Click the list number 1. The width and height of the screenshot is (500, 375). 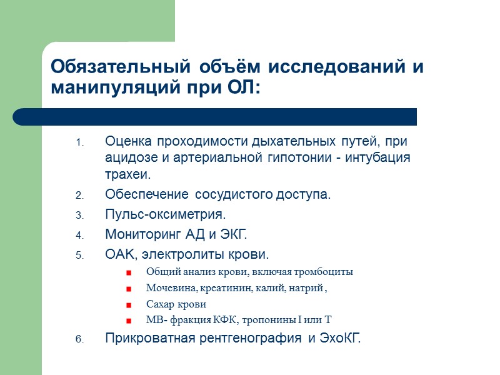(x=79, y=142)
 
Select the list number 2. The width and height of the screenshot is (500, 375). (x=79, y=196)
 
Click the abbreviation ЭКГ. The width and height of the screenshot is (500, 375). (x=234, y=235)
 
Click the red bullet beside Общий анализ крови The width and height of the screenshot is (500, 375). (x=129, y=273)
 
